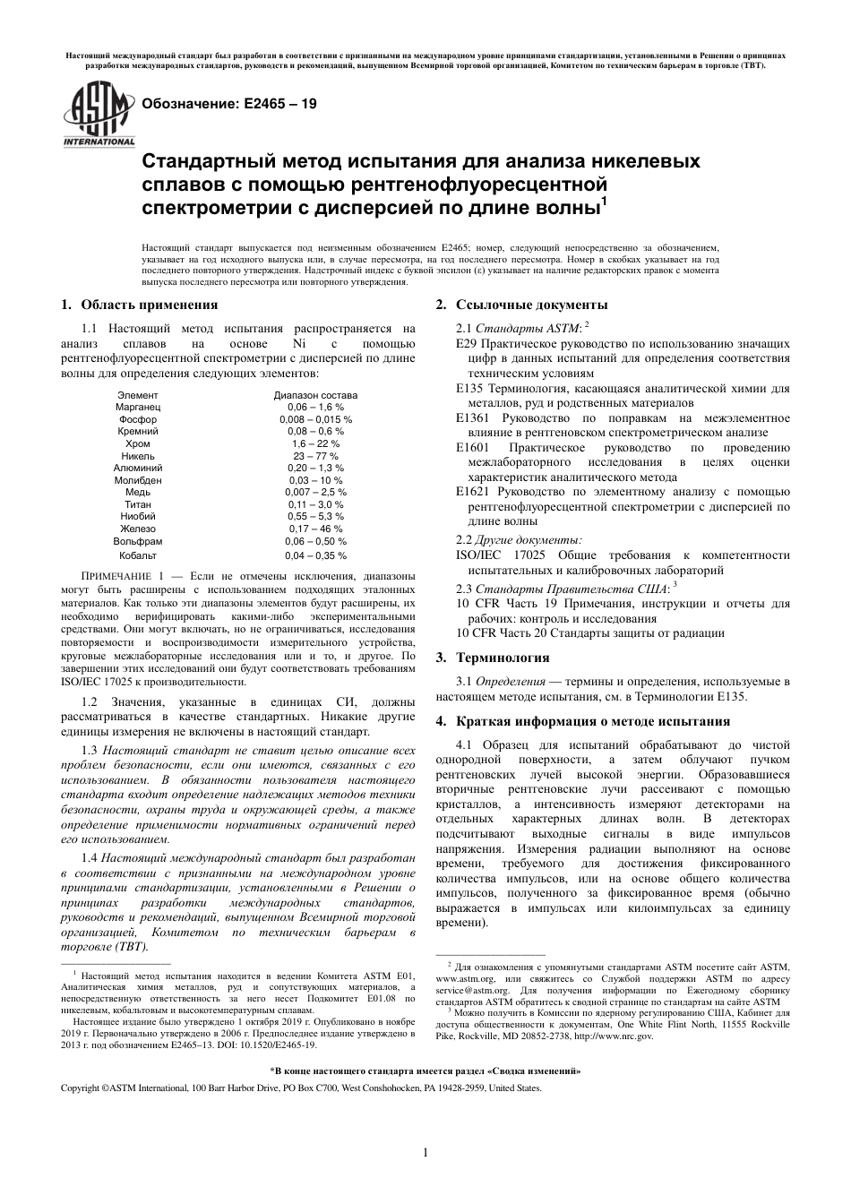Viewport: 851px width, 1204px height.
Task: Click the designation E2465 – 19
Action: (x=223, y=104)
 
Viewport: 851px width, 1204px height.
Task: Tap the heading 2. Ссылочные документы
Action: (x=521, y=305)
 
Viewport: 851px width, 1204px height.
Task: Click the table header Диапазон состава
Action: (x=314, y=395)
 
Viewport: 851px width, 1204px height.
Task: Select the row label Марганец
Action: (x=138, y=407)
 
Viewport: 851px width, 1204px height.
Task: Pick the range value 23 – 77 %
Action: (x=314, y=456)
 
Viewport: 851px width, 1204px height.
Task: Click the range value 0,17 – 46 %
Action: (x=314, y=529)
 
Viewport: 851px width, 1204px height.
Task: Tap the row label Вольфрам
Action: (x=138, y=541)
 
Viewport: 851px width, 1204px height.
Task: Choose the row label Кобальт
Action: (x=138, y=555)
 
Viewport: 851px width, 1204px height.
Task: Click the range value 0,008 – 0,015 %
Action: (x=314, y=419)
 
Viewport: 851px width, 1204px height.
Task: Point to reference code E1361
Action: (x=473, y=418)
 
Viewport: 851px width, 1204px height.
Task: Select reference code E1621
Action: (x=473, y=492)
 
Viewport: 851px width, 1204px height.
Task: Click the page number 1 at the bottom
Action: (x=425, y=1152)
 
